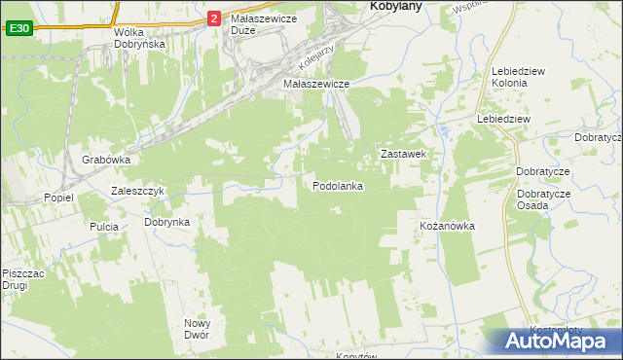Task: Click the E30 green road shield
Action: pyautogui.click(x=18, y=29)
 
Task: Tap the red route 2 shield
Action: pyautogui.click(x=214, y=18)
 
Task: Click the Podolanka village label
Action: pyautogui.click(x=339, y=186)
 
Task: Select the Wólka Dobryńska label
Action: pyautogui.click(x=139, y=38)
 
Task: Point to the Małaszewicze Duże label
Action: pyautogui.click(x=256, y=24)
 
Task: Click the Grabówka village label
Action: pyautogui.click(x=106, y=160)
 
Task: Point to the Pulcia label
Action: pyautogui.click(x=103, y=227)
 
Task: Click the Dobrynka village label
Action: pyautogui.click(x=166, y=222)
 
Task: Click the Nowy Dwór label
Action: pyautogui.click(x=198, y=329)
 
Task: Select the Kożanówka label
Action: pyautogui.click(x=447, y=226)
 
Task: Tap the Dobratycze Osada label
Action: pyautogui.click(x=544, y=199)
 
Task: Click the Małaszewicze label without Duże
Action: pyautogui.click(x=316, y=85)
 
